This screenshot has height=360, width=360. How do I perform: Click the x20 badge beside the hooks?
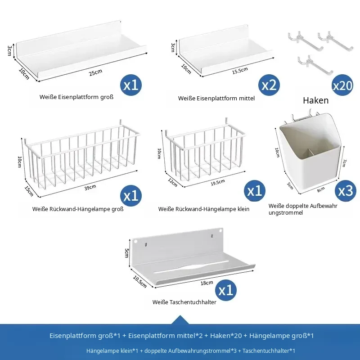pyautogui.click(x=342, y=85)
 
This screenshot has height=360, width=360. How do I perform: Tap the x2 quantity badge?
pyautogui.click(x=269, y=85)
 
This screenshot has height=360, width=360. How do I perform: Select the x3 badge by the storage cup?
pyautogui.click(x=345, y=190)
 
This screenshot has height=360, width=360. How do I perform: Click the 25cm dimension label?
pyautogui.click(x=95, y=72)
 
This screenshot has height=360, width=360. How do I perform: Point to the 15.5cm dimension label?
pyautogui.click(x=240, y=71)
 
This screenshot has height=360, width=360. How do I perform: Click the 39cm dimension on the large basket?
pyautogui.click(x=90, y=187)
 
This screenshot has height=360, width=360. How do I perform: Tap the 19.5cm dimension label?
pyautogui.click(x=218, y=183)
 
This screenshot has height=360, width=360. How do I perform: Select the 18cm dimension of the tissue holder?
pyautogui.click(x=207, y=283)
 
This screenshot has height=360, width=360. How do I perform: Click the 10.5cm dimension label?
pyautogui.click(x=139, y=282)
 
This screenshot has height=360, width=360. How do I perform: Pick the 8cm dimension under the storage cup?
pyautogui.click(x=321, y=189)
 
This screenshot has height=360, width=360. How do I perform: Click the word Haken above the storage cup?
pyautogui.click(x=316, y=100)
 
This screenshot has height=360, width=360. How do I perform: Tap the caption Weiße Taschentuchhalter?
pyautogui.click(x=184, y=302)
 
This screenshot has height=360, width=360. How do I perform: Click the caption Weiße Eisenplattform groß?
pyautogui.click(x=76, y=97)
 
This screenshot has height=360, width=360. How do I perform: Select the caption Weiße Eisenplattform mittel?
pyautogui.click(x=216, y=98)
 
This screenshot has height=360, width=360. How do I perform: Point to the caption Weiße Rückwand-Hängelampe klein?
pyautogui.click(x=204, y=209)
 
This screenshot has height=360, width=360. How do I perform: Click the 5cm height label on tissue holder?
pyautogui.click(x=126, y=253)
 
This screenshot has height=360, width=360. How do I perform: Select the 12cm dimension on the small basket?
pyautogui.click(x=172, y=182)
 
